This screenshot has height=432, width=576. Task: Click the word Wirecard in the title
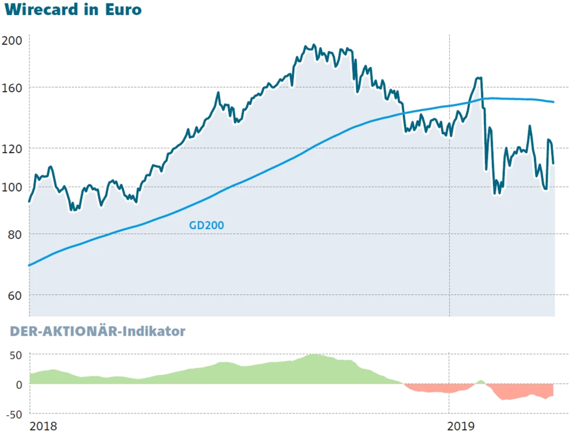(40, 10)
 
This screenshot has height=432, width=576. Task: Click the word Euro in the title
(123, 10)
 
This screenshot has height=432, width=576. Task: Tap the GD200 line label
(206, 226)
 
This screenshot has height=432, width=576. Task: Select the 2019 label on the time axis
(461, 426)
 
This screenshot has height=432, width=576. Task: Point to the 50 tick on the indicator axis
(15, 354)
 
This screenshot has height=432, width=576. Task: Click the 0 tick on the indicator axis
(18, 384)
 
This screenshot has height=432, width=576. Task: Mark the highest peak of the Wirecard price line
(313, 45)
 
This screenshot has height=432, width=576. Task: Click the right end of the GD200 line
(554, 102)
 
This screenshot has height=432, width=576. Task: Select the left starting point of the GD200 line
(29, 265)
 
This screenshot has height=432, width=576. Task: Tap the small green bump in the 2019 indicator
(481, 381)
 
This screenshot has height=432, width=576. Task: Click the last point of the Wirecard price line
(554, 164)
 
